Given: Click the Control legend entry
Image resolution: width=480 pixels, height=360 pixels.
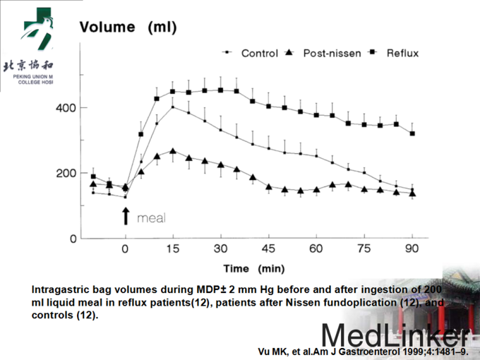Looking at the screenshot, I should point(254,53).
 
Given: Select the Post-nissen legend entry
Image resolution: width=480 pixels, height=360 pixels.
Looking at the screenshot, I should point(329,53).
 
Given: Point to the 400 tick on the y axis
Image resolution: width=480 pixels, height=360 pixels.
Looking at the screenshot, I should point(67,108).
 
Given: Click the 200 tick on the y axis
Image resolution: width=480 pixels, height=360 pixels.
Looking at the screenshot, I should point(67,173).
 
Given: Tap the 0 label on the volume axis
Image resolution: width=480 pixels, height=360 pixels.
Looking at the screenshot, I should point(73,239).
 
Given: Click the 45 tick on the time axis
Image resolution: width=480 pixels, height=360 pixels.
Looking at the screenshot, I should point(268,249).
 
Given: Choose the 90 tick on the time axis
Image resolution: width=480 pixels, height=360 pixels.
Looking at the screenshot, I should point(412,249).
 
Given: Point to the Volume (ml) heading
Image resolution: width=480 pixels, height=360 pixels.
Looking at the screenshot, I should point(128,28).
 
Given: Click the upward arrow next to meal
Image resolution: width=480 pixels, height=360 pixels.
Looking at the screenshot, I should point(125,215).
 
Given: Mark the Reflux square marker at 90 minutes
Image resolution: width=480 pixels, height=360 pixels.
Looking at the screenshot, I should point(412,133).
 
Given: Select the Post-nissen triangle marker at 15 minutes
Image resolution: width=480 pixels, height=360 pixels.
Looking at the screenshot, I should point(173,151).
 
